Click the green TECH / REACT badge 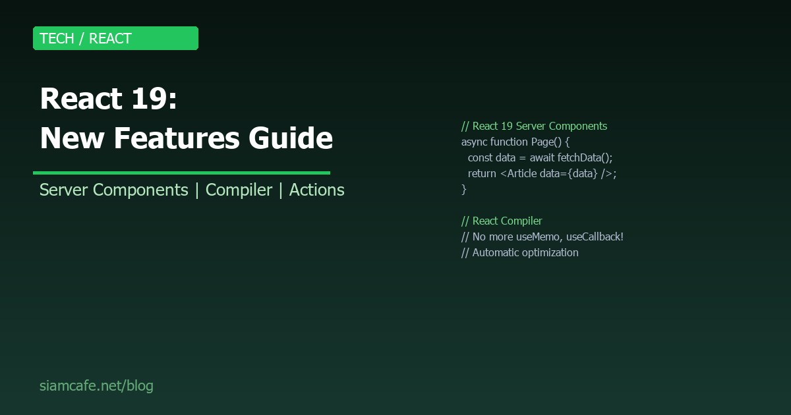click(x=115, y=38)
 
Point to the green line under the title click(x=181, y=173)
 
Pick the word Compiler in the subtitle click(x=239, y=190)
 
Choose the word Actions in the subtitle click(x=316, y=190)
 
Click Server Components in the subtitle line click(x=114, y=190)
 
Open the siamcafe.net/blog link click(x=96, y=385)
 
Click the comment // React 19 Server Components click(x=534, y=126)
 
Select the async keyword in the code click(x=474, y=142)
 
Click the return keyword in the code click(x=482, y=173)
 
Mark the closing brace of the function click(x=464, y=189)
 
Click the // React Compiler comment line click(x=502, y=221)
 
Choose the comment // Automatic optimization click(x=519, y=252)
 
